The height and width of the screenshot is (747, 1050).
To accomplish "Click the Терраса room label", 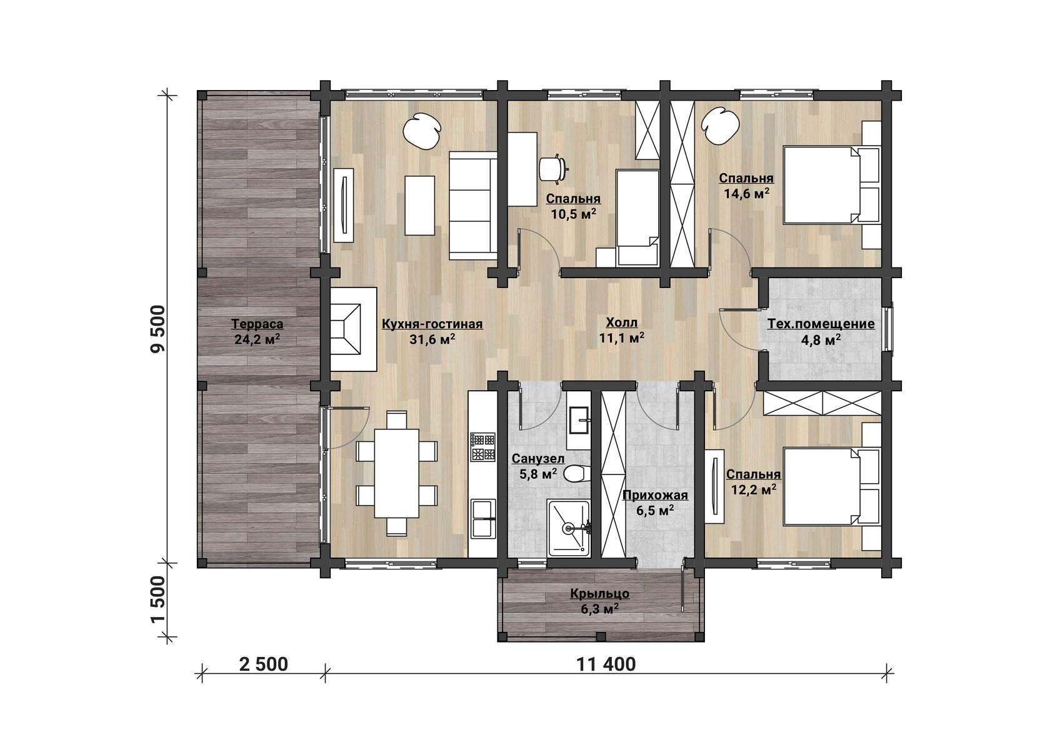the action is pos(257,324).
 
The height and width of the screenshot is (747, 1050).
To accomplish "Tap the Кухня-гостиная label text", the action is pos(432,324).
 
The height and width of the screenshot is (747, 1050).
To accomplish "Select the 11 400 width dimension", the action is pos(606,664).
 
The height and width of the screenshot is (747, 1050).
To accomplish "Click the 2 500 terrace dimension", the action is pos(264,664).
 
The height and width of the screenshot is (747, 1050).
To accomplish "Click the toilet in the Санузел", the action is pos(574,474).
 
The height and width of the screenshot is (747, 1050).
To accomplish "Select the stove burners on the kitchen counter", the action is pos(482,447).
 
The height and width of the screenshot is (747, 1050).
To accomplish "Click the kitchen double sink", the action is pos(482,519).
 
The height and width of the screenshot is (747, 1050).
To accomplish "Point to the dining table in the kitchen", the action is pos(396,473).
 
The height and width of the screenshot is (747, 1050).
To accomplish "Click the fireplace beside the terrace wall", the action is pos(354,329).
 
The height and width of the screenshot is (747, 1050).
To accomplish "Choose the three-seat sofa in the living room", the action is pos(473,206).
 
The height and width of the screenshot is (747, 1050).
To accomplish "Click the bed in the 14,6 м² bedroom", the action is pos(832,185).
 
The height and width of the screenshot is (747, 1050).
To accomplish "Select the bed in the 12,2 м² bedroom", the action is pos(832,486).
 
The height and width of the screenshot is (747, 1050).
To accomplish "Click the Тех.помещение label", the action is pos(821,324).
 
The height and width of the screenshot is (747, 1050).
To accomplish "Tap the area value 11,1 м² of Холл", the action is pos(621,338).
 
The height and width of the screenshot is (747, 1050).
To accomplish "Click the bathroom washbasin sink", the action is pos(579,421).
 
